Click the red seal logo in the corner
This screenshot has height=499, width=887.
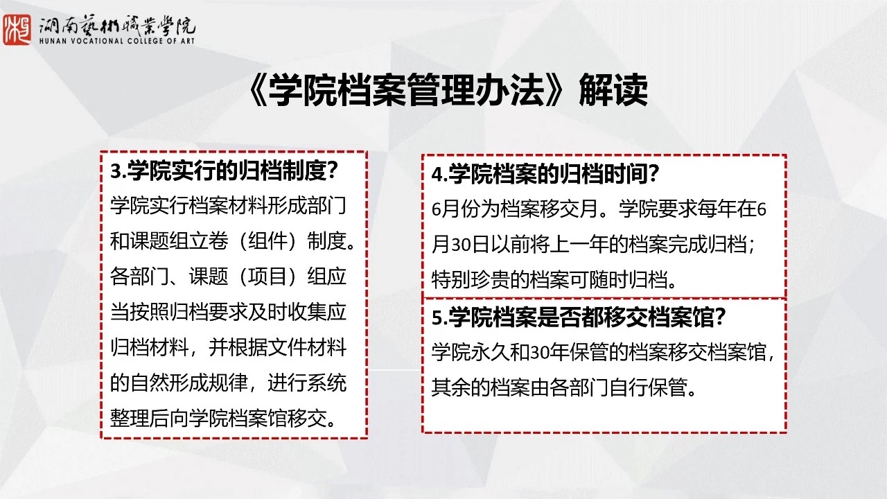coord(17,30)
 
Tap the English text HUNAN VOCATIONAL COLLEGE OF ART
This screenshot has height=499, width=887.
coord(117,41)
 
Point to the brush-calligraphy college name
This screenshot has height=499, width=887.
coord(117,26)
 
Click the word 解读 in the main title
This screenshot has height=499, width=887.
coord(613,91)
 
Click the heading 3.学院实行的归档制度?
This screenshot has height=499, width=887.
coord(224,171)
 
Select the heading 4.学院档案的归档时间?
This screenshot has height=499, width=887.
coord(545,174)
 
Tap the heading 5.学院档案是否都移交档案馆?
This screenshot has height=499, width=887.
coord(578,317)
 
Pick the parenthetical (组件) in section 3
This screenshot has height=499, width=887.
coord(267,240)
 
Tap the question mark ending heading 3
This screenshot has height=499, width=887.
coord(332,171)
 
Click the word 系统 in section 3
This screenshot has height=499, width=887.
coord(327,383)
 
